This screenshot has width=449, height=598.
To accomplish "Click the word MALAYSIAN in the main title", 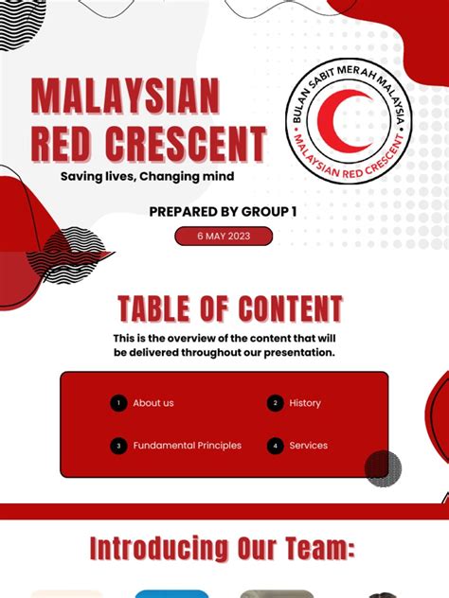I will pyautogui.click(x=126, y=97).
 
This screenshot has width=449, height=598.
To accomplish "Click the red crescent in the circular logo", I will pyautogui.click(x=332, y=118).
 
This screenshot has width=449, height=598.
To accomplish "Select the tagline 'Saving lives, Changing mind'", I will pyautogui.click(x=147, y=176).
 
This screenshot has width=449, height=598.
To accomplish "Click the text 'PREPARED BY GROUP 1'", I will pyautogui.click(x=223, y=212).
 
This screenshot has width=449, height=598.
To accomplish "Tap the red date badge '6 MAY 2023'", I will pyautogui.click(x=224, y=237).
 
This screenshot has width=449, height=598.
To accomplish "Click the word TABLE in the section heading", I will pyautogui.click(x=155, y=309).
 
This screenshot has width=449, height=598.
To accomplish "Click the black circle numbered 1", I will pyautogui.click(x=118, y=403).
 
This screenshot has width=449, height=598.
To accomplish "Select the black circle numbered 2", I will pyautogui.click(x=275, y=403).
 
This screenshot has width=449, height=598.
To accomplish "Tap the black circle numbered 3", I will pyautogui.click(x=118, y=446).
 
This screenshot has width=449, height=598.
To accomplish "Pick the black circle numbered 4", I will pyautogui.click(x=275, y=446).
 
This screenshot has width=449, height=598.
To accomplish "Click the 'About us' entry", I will pyautogui.click(x=153, y=403).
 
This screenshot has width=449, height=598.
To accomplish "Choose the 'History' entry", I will pyautogui.click(x=305, y=403).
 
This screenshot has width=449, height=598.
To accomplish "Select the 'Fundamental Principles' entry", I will pyautogui.click(x=187, y=446).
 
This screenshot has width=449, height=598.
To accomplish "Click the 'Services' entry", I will pyautogui.click(x=308, y=446).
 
